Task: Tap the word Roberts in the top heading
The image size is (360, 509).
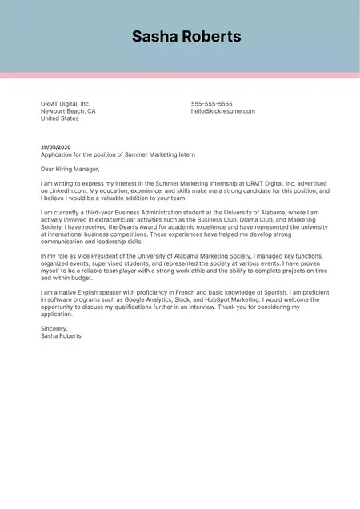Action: pos(210,37)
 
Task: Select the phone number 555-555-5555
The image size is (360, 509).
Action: pos(212,104)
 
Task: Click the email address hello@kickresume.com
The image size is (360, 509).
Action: pos(223,111)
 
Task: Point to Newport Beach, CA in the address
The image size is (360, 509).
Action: pos(68,111)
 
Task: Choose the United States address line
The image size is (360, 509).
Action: pos(60,118)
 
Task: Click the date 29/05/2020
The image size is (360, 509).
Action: pos(56,147)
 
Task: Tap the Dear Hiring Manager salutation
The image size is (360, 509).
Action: pos(70,169)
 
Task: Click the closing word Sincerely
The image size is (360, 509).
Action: pos(54,329)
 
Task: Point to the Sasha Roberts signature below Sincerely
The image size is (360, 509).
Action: pos(61,336)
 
